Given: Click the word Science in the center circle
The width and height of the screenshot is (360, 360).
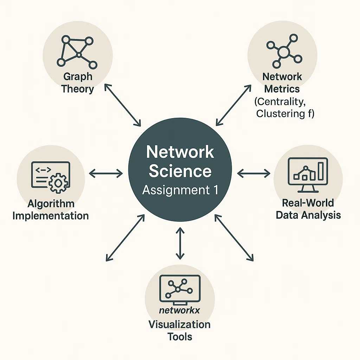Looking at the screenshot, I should [x=180, y=171].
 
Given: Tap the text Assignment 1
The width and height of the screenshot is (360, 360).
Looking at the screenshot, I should [x=180, y=190].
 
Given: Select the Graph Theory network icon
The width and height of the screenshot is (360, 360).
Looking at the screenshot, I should [x=77, y=52].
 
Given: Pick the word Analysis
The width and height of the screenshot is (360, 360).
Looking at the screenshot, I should [x=323, y=215].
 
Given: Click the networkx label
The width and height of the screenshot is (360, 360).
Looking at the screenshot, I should [x=180, y=310].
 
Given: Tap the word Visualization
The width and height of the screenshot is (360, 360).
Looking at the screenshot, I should [x=180, y=324].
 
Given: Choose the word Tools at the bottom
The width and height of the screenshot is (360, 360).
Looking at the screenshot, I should [x=180, y=336].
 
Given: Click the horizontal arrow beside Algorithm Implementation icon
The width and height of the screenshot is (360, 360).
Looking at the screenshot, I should [x=106, y=173].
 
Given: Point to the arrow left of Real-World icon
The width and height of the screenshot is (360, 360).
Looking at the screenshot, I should [x=253, y=173].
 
